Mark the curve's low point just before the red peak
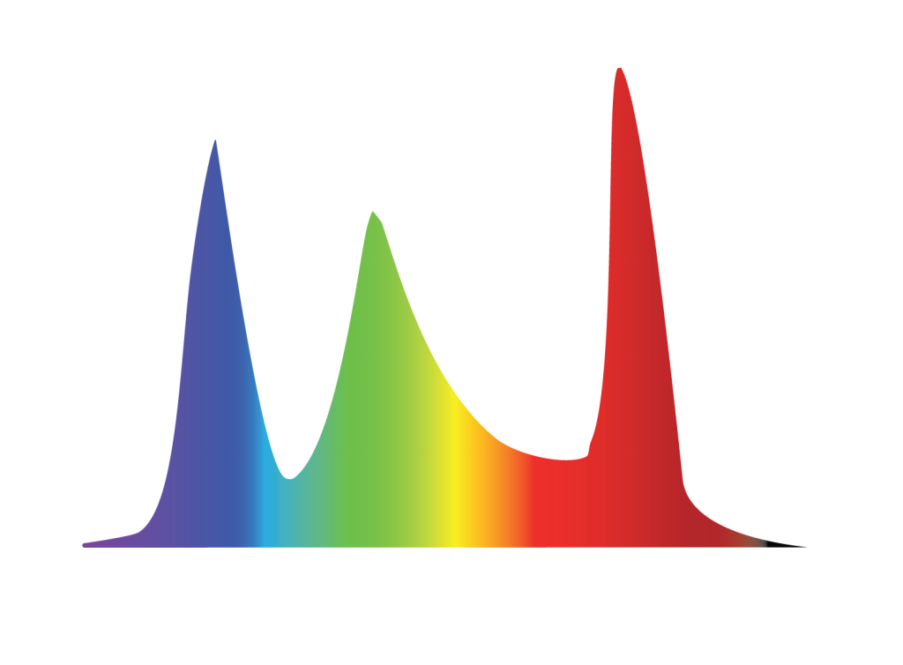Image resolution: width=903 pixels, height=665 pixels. point(569,459)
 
